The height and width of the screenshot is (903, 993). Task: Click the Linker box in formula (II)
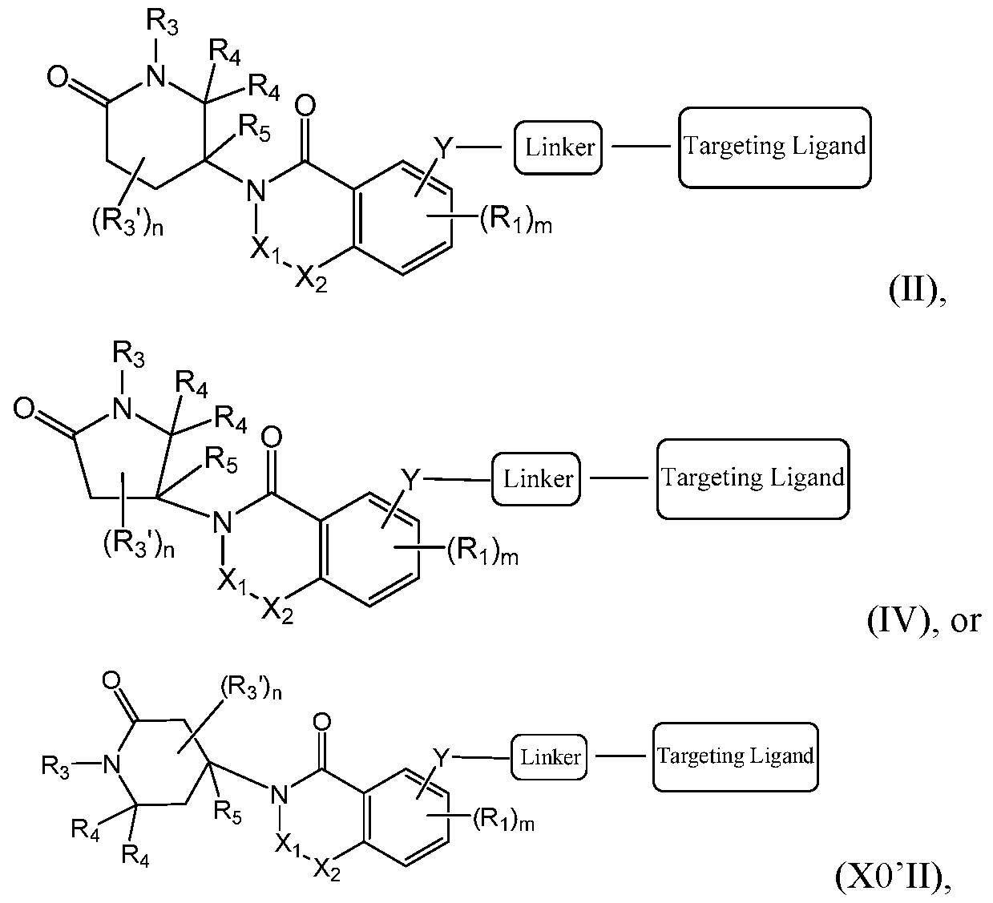tap(559, 147)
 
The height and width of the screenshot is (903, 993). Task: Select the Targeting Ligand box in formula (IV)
tap(753, 478)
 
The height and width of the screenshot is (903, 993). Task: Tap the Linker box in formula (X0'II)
tap(550, 756)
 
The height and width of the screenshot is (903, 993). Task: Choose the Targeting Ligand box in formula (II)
tap(774, 147)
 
